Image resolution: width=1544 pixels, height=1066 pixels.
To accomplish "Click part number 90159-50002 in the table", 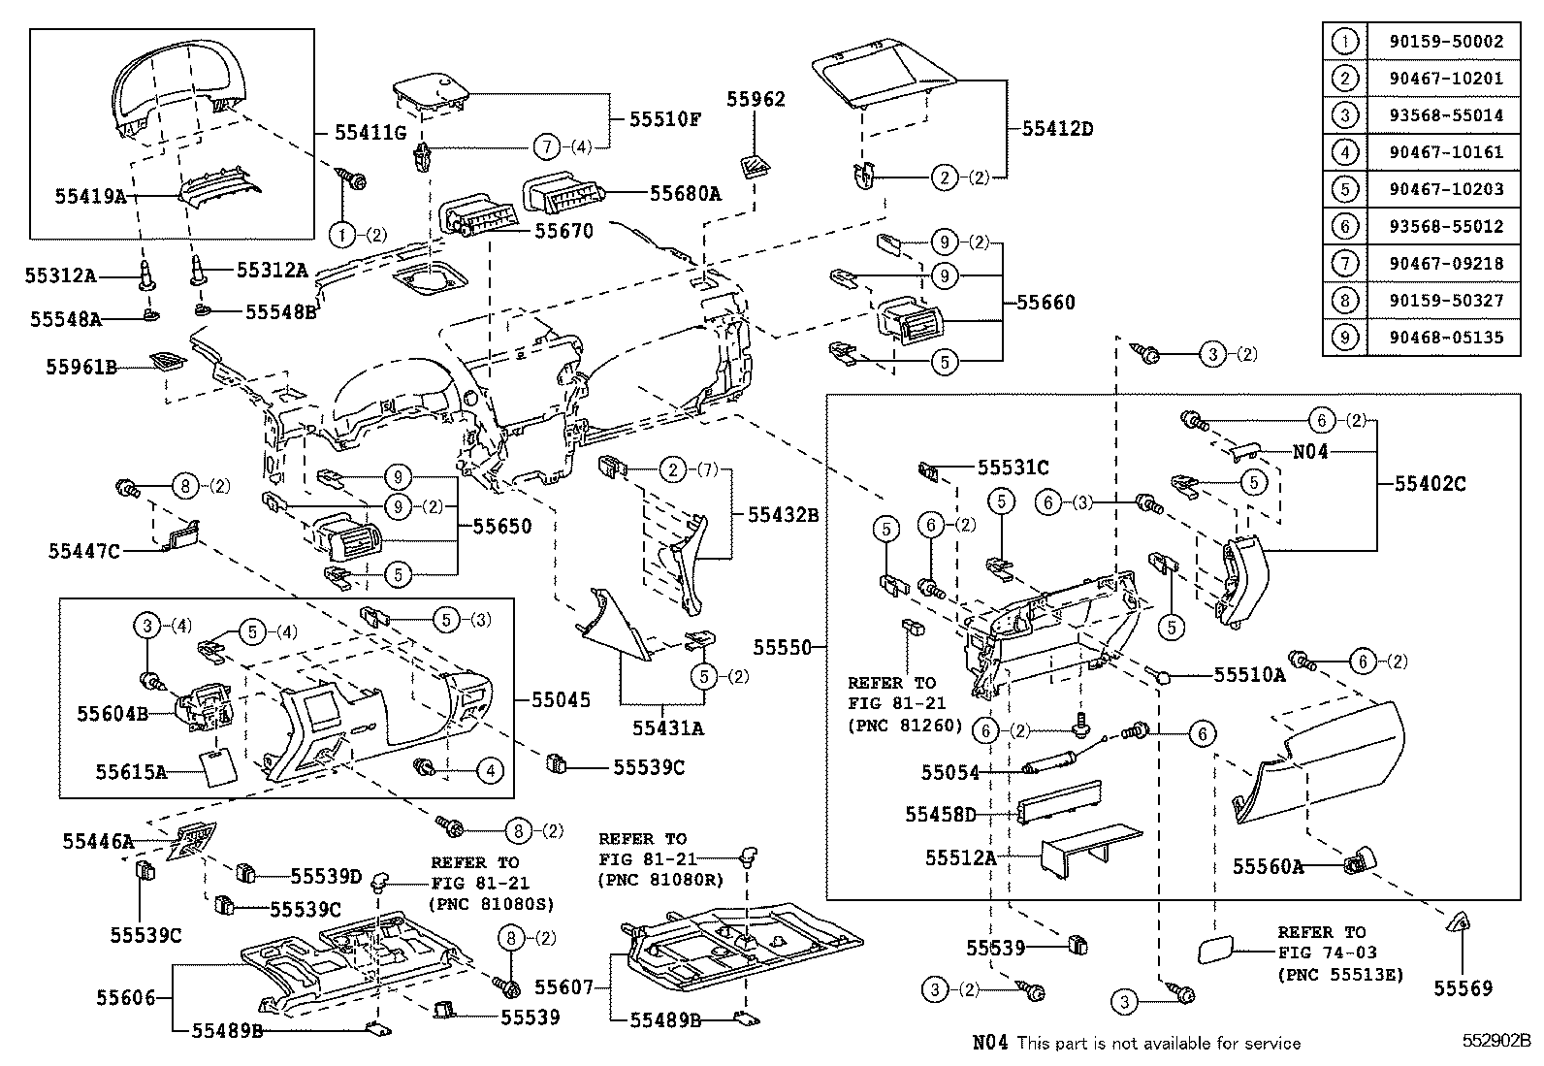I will (x=1442, y=42).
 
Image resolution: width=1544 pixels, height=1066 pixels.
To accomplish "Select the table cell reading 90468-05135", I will (x=1442, y=338).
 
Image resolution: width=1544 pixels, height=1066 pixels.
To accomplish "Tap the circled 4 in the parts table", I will (x=1344, y=152).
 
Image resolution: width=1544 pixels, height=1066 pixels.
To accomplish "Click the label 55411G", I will (x=370, y=132).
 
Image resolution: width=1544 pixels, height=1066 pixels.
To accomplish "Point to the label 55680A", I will (x=685, y=193).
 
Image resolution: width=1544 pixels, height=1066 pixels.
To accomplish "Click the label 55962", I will (x=756, y=99).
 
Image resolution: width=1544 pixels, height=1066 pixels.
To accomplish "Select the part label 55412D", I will (x=1057, y=128).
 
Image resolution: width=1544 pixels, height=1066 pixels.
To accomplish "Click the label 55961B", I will (x=81, y=367).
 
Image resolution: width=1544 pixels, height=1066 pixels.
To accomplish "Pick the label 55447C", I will (x=83, y=551).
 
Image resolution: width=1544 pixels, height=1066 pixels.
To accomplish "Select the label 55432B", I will (x=783, y=515).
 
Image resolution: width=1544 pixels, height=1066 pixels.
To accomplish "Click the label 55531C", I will (x=1013, y=468).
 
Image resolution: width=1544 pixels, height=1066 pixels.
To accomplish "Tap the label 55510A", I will (x=1249, y=675).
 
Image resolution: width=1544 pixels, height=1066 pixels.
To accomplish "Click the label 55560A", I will (x=1268, y=866).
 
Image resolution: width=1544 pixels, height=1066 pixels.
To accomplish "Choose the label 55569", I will (x=1464, y=988).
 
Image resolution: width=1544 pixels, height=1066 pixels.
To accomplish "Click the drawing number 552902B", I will (x=1496, y=1040).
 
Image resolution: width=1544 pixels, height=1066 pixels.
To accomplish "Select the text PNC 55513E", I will (x=1340, y=975).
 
